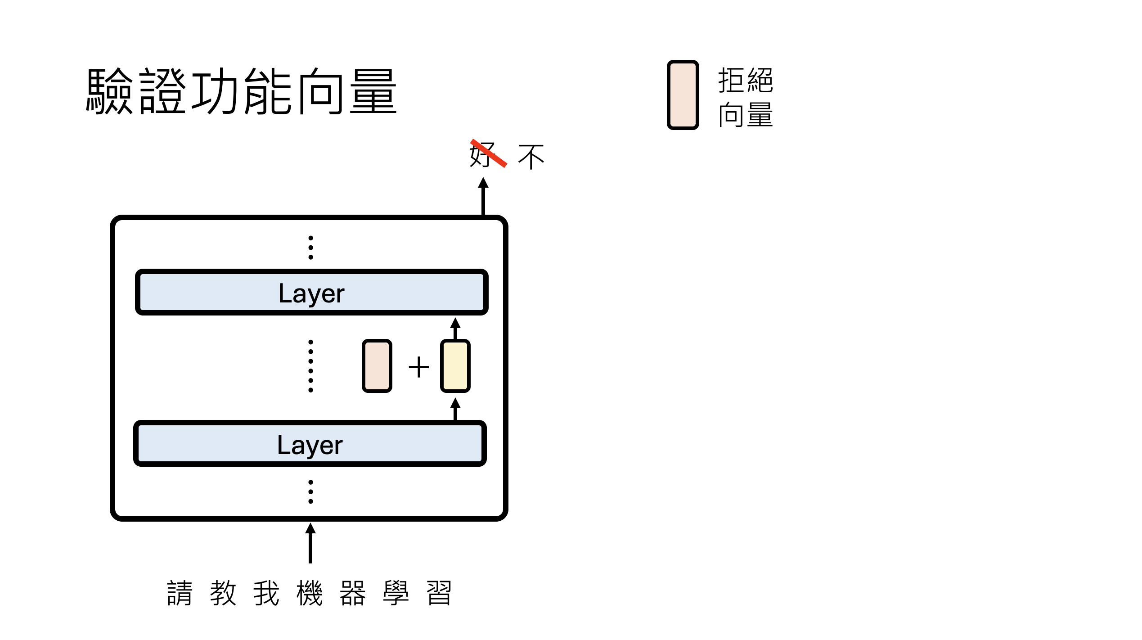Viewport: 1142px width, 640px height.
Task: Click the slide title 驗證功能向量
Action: pyautogui.click(x=241, y=91)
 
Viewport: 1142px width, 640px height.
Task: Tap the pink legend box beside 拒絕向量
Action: pyautogui.click(x=682, y=95)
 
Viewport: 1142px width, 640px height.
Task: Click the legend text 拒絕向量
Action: pyautogui.click(x=745, y=97)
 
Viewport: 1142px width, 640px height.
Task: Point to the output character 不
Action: pyautogui.click(x=531, y=157)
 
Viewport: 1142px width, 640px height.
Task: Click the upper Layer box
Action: pyautogui.click(x=311, y=293)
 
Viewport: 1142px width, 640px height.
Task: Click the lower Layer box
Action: pyautogui.click(x=310, y=444)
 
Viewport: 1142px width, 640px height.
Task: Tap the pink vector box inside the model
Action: pyautogui.click(x=377, y=366)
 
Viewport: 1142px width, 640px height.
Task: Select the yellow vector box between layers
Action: pyautogui.click(x=455, y=366)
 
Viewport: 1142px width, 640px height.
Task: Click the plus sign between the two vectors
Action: pyautogui.click(x=418, y=367)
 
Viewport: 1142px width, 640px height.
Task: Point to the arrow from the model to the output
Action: pyautogui.click(x=483, y=196)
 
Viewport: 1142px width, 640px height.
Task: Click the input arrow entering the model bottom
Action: pyautogui.click(x=310, y=543)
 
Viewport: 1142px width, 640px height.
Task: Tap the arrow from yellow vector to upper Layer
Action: pyautogui.click(x=455, y=329)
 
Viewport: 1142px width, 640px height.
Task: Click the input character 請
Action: pyautogui.click(x=180, y=593)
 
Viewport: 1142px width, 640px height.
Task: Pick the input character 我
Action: pyautogui.click(x=266, y=593)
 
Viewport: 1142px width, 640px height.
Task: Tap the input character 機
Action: pyautogui.click(x=310, y=593)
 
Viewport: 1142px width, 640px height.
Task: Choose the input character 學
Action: pyautogui.click(x=396, y=593)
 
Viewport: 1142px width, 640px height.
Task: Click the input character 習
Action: pyautogui.click(x=439, y=593)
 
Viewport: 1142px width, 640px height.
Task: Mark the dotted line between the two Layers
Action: pyautogui.click(x=310, y=366)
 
